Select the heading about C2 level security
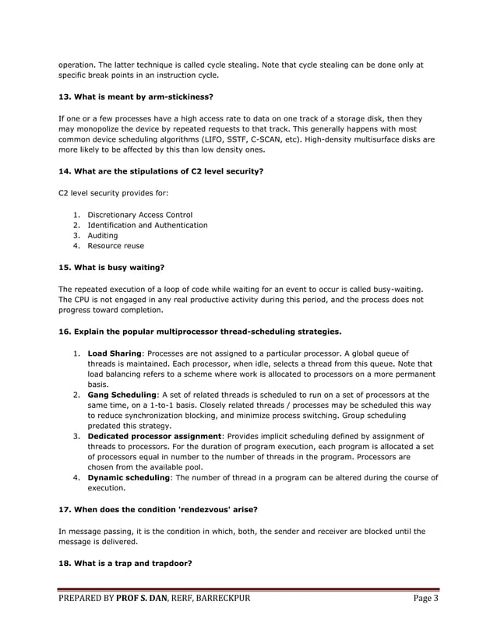point(161,170)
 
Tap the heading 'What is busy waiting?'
point(111,267)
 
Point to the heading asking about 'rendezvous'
point(159,510)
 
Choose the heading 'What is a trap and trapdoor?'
point(125,562)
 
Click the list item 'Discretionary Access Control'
point(140,214)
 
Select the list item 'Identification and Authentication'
point(147,225)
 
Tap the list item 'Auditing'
point(103,235)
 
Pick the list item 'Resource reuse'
point(115,246)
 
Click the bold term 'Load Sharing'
point(115,353)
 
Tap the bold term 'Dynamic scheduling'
point(128,477)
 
